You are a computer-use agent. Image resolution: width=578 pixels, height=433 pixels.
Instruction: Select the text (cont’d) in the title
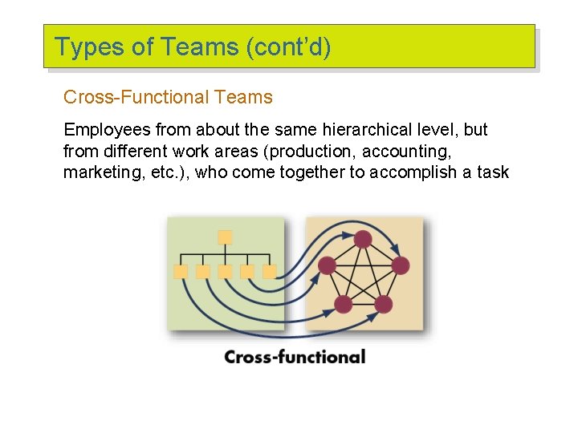(x=289, y=48)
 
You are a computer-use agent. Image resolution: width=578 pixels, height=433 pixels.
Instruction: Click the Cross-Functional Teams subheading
(x=168, y=98)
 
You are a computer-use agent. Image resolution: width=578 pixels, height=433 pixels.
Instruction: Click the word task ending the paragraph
(x=492, y=172)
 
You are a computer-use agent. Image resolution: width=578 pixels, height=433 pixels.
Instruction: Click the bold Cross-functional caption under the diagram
(x=295, y=357)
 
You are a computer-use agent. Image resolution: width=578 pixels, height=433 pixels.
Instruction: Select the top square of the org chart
(x=226, y=237)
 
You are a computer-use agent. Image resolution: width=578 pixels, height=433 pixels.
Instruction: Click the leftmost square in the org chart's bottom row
(x=181, y=272)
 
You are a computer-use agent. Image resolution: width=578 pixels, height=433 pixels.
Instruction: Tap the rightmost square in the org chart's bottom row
(x=270, y=272)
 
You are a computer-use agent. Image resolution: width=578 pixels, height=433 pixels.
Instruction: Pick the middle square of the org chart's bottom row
(x=226, y=272)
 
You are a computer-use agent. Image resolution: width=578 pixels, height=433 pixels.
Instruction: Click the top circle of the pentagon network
(x=364, y=239)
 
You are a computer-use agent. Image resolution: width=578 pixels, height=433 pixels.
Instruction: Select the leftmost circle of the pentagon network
(x=327, y=265)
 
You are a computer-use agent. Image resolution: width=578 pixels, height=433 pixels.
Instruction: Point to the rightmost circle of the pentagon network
(x=401, y=265)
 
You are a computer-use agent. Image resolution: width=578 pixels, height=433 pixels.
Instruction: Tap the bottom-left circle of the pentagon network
(x=343, y=305)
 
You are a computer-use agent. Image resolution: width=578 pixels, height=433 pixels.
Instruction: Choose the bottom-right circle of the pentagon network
(x=384, y=305)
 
